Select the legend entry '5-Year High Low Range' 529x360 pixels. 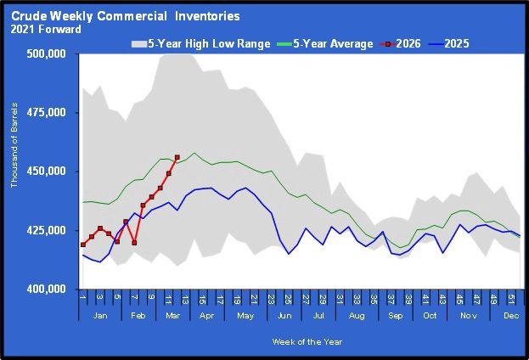[200, 43]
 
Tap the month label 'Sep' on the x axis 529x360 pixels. [397, 314]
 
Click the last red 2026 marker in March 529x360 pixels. [177, 157]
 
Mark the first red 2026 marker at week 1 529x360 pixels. [83, 245]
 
